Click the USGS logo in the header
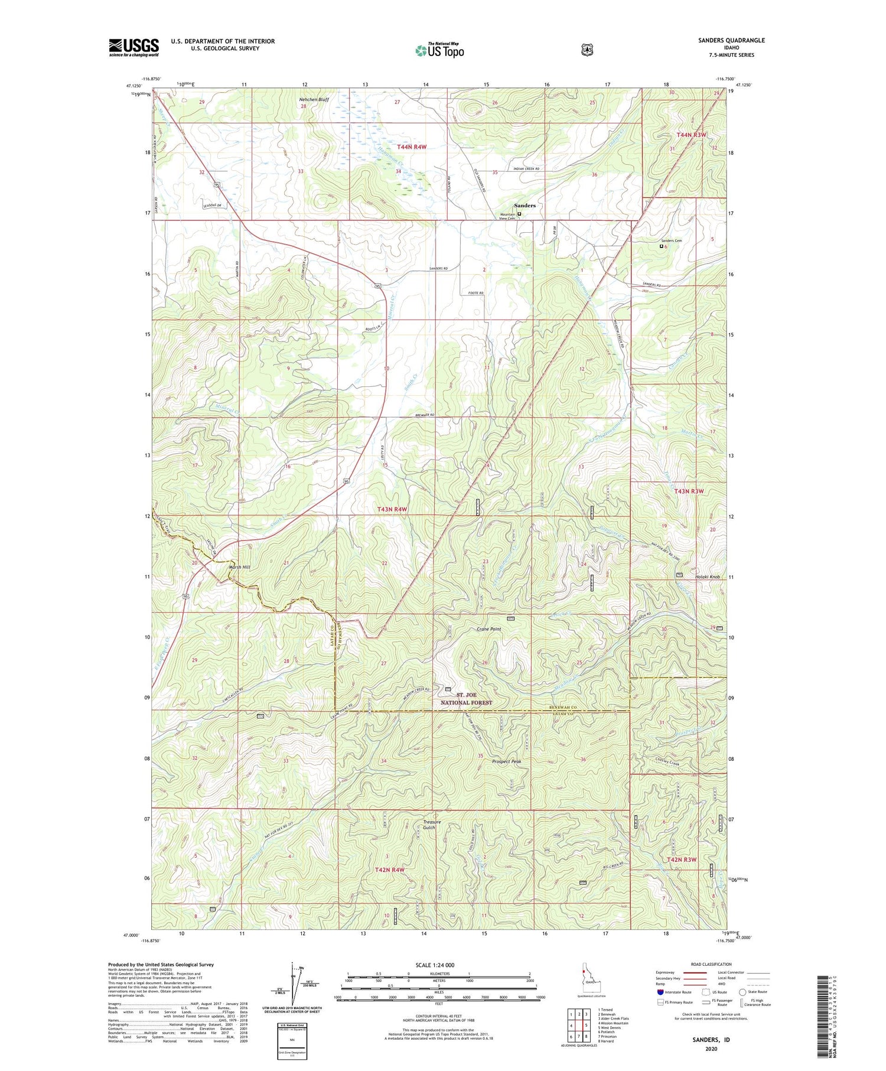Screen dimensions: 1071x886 click(133, 47)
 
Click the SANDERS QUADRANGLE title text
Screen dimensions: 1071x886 click(731, 40)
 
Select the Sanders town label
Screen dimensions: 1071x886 click(525, 206)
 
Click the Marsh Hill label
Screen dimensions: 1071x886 click(239, 567)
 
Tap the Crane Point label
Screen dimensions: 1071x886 click(488, 629)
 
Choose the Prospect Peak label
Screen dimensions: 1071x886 click(507, 761)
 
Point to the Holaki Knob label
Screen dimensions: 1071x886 click(706, 577)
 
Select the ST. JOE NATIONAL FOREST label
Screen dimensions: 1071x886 click(466, 699)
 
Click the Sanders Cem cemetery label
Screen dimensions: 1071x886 click(671, 240)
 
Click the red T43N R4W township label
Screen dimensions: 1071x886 click(393, 509)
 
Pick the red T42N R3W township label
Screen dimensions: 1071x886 click(686, 860)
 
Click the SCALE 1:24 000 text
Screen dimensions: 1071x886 click(435, 965)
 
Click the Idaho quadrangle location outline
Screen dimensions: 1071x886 click(588, 981)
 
